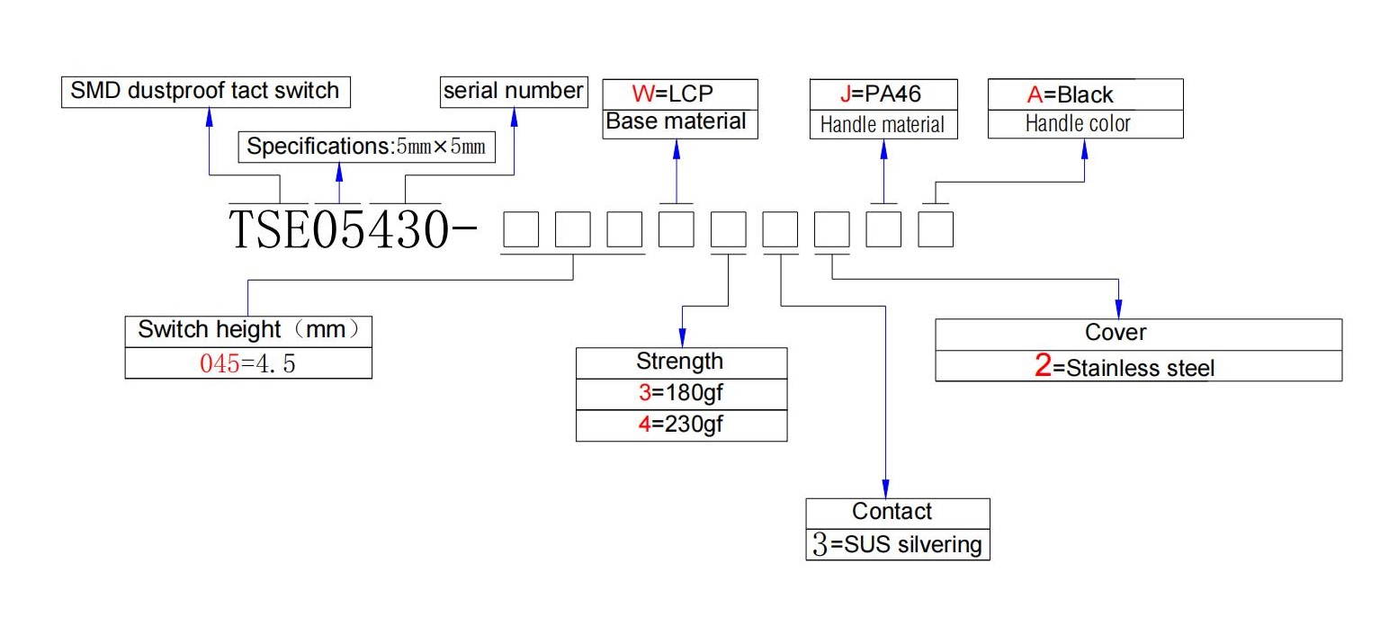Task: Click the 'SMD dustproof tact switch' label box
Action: [x=206, y=92]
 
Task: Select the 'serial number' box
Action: [x=514, y=92]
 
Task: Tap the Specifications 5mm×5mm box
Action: [x=366, y=147]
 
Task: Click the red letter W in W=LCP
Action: [x=642, y=94]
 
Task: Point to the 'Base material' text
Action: [x=676, y=121]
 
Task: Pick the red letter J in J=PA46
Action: [x=846, y=94]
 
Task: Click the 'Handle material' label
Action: [x=883, y=125]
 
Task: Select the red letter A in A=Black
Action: [x=1035, y=94]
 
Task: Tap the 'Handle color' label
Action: [x=1078, y=124]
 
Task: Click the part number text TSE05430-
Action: [x=353, y=228]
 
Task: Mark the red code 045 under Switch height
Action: [x=220, y=363]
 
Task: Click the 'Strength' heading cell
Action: [x=681, y=362]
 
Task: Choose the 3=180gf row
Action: [x=681, y=394]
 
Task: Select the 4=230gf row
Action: [x=681, y=425]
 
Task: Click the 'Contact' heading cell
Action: [x=898, y=514]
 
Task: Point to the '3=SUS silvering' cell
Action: [x=898, y=545]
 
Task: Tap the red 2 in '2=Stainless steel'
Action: [x=1043, y=365]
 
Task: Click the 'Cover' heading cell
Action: [x=1139, y=335]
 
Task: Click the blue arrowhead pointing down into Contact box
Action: [x=885, y=488]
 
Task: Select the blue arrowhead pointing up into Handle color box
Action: [x=1084, y=148]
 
